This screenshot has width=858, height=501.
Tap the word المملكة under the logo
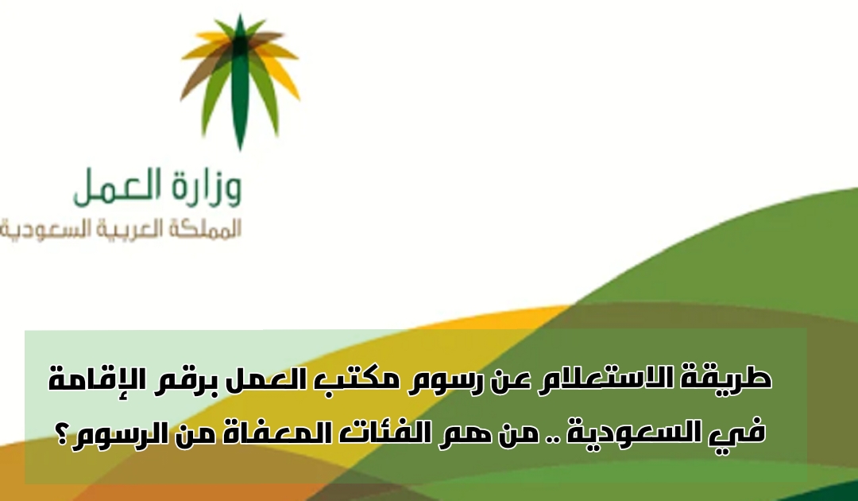point(204,229)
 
